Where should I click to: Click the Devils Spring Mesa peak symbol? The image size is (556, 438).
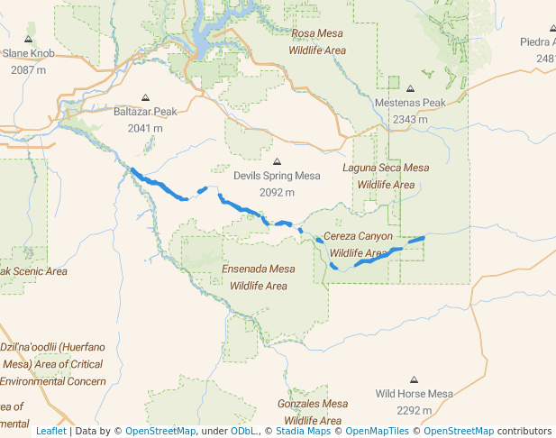[x=277, y=161]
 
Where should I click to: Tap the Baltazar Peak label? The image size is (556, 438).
[x=145, y=112]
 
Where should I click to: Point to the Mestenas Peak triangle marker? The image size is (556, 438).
[x=410, y=89]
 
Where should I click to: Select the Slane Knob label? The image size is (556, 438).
[x=29, y=54]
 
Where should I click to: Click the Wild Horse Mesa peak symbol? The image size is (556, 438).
[x=414, y=379]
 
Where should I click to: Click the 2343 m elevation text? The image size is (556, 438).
[x=410, y=119]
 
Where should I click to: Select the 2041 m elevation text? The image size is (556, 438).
[x=145, y=128]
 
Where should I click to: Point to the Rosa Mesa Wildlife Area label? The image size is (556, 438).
[x=317, y=42]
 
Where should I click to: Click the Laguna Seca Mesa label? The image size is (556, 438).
[x=386, y=168]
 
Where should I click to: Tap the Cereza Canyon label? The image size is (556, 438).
[x=359, y=236]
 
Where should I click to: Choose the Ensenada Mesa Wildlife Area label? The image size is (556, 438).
[x=259, y=277]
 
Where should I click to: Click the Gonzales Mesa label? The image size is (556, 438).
[x=313, y=404]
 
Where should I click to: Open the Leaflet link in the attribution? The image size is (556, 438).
[x=50, y=431]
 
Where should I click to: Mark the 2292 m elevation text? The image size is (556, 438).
[x=414, y=410]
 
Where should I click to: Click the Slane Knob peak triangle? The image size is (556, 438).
[x=29, y=40]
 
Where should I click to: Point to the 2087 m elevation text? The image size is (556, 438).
[x=29, y=69]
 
